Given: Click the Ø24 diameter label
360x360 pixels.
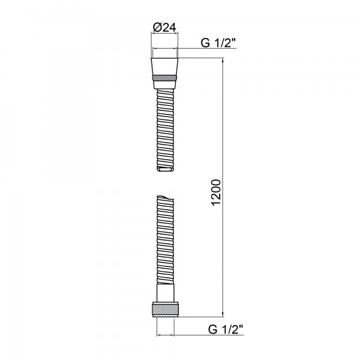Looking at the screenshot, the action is pos(164,28).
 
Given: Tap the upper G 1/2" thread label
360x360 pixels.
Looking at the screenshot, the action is pos(218,43).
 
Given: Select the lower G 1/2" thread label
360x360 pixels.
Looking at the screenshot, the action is pos(226,329).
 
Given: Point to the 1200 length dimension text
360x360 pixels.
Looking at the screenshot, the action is pos(216,193).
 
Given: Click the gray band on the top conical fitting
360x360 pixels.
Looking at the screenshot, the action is pos(164,78).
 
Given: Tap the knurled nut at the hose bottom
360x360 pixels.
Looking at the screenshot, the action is pos(165,309).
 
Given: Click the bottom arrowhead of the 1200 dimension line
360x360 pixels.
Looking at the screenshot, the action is pos(223,314).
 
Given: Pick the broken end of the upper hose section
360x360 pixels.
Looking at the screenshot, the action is pos(165,169).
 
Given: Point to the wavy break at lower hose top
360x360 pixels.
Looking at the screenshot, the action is pos(165,198).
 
